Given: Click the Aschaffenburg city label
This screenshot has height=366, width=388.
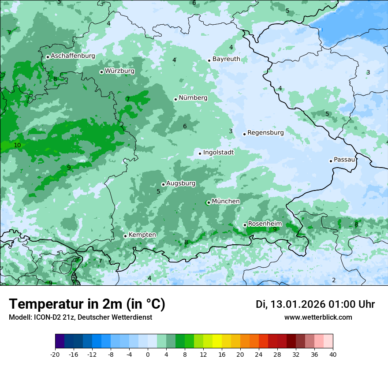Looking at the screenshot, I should point(73,56).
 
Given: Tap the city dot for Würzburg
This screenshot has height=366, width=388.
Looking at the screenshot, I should point(101,72).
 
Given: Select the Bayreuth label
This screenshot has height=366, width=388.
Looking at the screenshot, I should point(226,59).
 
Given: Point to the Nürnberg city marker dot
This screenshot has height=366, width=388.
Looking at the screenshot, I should point(175,99).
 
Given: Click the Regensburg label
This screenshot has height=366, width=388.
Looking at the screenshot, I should point(265,132).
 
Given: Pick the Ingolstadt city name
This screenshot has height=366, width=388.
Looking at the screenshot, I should point(218,152).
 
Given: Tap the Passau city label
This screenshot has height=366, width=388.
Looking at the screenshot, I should point(344,159).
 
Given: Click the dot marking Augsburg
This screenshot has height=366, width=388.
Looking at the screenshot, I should point(163,184).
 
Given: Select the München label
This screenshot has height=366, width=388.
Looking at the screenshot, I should point(226,201).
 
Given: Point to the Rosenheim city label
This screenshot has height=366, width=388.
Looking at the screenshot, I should point(265,224).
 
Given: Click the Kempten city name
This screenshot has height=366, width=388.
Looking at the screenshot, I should point(142,235).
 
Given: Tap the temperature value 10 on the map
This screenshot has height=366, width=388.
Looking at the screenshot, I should point(17,145).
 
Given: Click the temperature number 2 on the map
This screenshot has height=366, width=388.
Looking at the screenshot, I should point(334,280).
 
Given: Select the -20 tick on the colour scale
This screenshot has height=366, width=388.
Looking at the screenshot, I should point(55,354).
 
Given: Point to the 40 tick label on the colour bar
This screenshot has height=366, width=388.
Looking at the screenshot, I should point(333,354).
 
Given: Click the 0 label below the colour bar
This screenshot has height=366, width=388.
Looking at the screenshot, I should point(148,354).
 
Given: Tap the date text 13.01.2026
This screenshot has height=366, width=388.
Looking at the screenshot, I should point(298,304).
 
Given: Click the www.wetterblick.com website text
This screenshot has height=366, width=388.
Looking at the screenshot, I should point(318,317).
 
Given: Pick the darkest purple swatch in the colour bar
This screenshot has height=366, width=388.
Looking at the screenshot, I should point(60,341).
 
